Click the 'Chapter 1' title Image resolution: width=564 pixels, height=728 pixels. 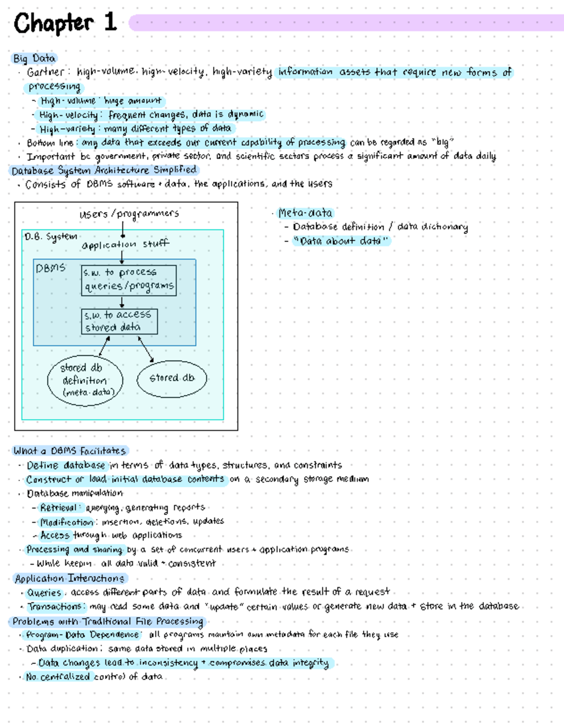pyautogui.click(x=65, y=23)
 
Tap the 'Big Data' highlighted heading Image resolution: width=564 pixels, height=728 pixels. pyautogui.click(x=34, y=58)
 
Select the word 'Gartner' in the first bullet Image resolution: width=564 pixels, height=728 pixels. pyautogui.click(x=46, y=72)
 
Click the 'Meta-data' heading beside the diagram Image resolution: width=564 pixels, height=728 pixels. pyautogui.click(x=305, y=213)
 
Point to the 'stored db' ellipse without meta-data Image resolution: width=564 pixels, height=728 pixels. pyautogui.click(x=172, y=378)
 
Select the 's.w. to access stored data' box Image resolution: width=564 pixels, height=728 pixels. pyautogui.click(x=119, y=321)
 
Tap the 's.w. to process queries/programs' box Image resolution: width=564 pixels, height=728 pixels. pyautogui.click(x=129, y=280)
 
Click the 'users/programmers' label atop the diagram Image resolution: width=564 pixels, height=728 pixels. pyautogui.click(x=129, y=214)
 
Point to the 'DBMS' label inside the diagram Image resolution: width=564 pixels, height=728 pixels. pyautogui.click(x=50, y=268)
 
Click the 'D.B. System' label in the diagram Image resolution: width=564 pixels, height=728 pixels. pyautogui.click(x=51, y=236)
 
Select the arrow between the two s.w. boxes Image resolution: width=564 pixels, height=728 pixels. pyautogui.click(x=122, y=302)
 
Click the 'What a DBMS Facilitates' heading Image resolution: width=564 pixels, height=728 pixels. pyautogui.click(x=70, y=451)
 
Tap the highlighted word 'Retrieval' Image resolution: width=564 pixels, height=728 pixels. pyautogui.click(x=58, y=508)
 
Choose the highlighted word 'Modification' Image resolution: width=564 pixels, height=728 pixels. pyautogui.click(x=67, y=522)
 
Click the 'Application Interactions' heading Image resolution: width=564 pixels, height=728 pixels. pyautogui.click(x=70, y=578)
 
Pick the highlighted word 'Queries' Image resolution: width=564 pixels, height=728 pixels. pyautogui.click(x=44, y=593)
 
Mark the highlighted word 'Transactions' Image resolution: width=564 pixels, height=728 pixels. pyautogui.click(x=55, y=607)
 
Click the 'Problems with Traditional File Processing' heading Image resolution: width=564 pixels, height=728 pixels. pyautogui.click(x=108, y=621)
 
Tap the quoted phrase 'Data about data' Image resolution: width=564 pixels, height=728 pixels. pyautogui.click(x=341, y=241)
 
